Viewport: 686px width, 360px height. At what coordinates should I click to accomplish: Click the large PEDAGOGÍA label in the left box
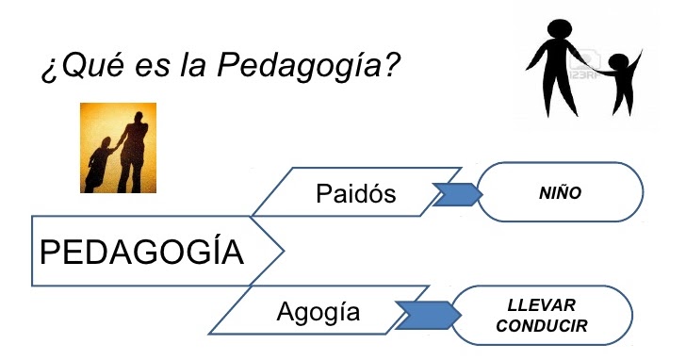click(x=141, y=253)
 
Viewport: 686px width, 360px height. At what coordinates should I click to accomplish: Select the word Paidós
click(x=356, y=193)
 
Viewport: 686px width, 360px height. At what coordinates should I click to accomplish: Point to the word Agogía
click(x=318, y=311)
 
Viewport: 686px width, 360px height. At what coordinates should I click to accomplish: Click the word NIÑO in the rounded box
click(x=562, y=192)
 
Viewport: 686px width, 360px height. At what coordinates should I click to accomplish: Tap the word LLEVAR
click(x=541, y=305)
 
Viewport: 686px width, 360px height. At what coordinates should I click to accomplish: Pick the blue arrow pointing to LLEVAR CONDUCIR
click(x=424, y=312)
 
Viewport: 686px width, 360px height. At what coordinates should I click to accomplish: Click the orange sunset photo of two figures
click(x=118, y=147)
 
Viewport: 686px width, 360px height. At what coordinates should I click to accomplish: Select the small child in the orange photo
click(x=102, y=162)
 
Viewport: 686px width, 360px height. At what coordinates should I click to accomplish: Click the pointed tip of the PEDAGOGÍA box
click(x=282, y=252)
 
